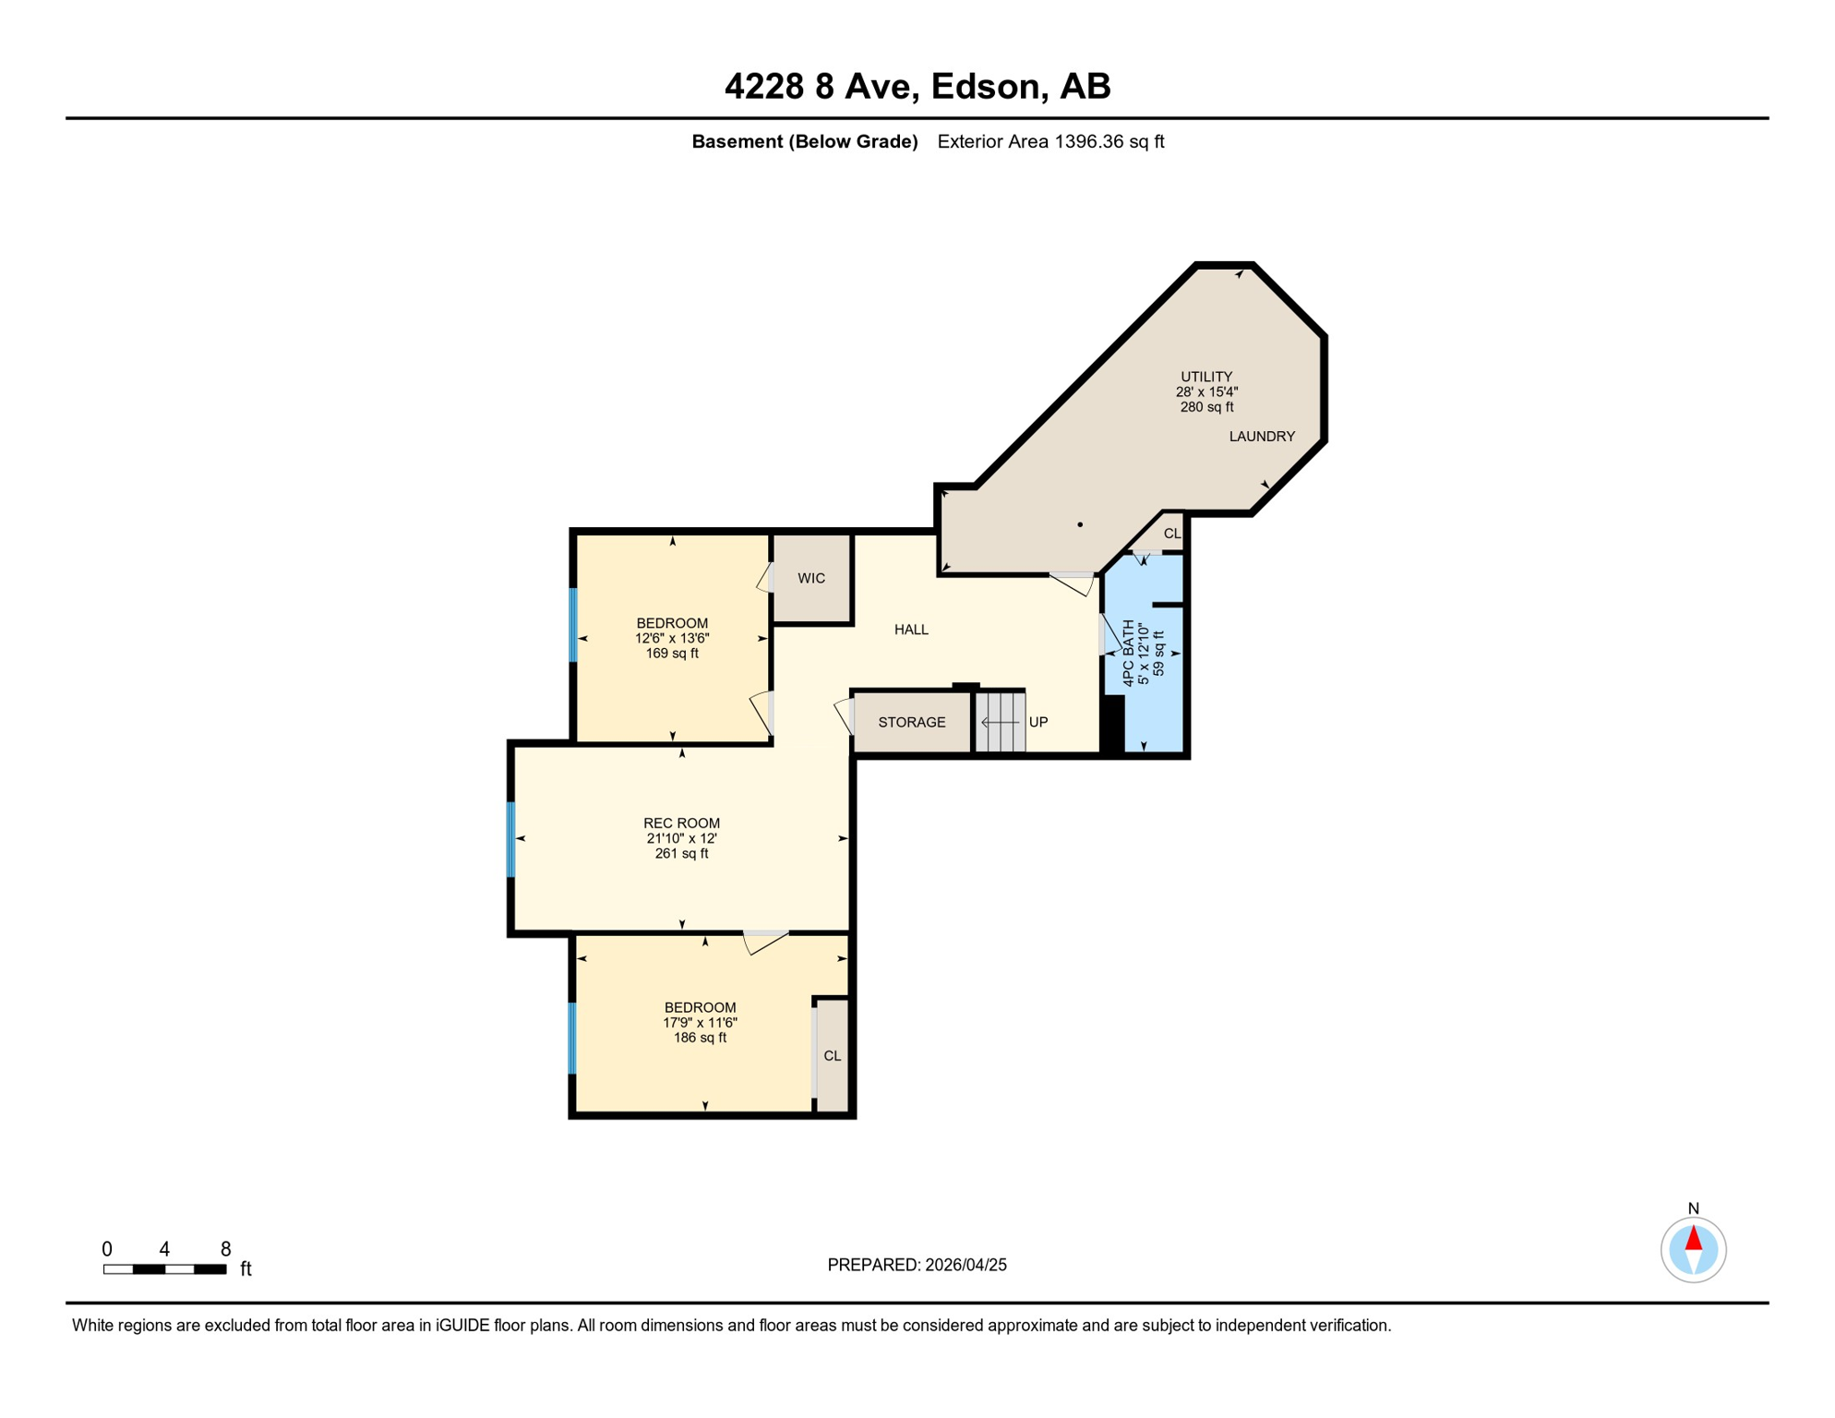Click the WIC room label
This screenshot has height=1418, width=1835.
coord(811,579)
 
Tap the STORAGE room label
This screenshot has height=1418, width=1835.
coord(912,723)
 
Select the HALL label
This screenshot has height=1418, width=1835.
coord(911,630)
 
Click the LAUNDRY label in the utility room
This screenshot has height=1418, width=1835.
coord(1262,437)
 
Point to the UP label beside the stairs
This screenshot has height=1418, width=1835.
coord(1038,723)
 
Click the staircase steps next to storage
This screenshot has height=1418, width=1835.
coord(1001,722)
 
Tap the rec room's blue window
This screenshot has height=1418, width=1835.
coord(510,839)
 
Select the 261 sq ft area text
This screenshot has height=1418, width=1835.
coord(681,854)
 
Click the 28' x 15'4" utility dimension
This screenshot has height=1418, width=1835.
coord(1206,391)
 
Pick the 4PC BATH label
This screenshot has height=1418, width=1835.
coord(1128,654)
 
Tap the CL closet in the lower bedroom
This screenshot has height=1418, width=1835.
coord(832,1056)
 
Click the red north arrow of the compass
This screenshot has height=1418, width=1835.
coord(1693,1238)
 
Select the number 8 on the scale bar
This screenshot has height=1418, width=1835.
coord(225,1249)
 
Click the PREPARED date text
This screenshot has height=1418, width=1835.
coord(917,1265)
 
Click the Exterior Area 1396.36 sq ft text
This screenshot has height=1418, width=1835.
coord(1050,141)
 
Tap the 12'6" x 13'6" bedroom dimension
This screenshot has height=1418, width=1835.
coord(672,638)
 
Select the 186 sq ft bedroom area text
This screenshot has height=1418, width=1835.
coord(700,1038)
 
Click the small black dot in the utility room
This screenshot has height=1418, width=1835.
coord(1080,524)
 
